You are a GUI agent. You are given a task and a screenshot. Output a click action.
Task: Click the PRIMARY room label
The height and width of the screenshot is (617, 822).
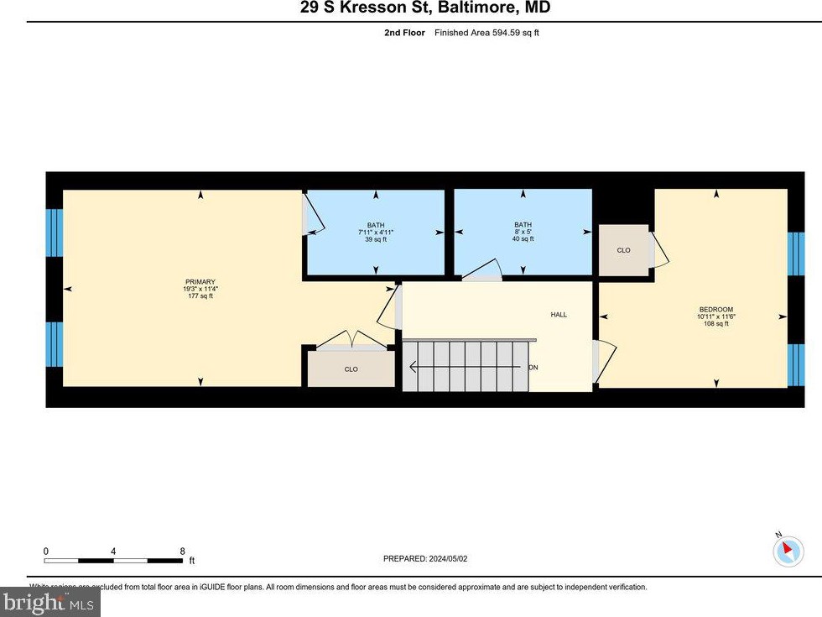pyautogui.click(x=200, y=282)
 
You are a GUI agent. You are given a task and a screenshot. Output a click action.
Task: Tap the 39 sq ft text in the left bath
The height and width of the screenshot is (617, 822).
pyautogui.click(x=375, y=239)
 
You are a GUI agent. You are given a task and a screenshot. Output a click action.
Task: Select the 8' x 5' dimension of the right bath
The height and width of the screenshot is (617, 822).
pyautogui.click(x=523, y=232)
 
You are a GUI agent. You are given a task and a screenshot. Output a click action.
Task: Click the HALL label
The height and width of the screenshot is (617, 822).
pyautogui.click(x=559, y=315)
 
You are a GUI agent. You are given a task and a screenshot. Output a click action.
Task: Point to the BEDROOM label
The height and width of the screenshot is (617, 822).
pyautogui.click(x=716, y=310)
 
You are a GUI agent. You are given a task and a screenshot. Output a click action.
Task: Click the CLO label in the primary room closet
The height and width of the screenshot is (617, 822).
pyautogui.click(x=351, y=369)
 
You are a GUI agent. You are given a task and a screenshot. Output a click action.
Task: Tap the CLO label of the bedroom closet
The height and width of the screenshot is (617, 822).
pyautogui.click(x=623, y=250)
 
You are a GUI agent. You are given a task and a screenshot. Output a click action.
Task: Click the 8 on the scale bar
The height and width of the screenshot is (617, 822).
pyautogui.click(x=182, y=552)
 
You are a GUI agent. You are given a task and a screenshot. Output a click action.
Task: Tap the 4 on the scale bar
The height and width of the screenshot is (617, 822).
pyautogui.click(x=113, y=552)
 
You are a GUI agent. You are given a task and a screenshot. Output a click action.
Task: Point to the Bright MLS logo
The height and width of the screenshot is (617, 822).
pyautogui.click(x=50, y=602)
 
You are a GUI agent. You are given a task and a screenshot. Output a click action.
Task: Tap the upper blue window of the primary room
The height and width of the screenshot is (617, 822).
pyautogui.click(x=54, y=233)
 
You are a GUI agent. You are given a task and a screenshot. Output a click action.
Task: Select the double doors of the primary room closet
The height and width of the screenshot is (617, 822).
pyautogui.click(x=352, y=339)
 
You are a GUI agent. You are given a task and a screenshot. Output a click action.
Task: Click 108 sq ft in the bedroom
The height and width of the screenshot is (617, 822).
pyautogui.click(x=716, y=323)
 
